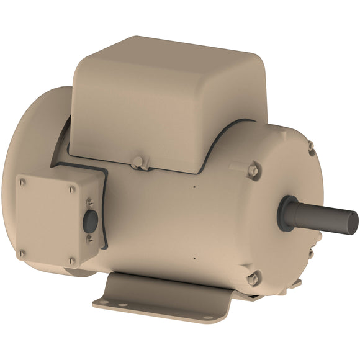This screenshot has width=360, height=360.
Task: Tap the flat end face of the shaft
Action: (x=353, y=219)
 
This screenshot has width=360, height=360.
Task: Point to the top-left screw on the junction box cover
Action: (x=23, y=181)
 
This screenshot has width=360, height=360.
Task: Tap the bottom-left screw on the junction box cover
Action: (x=22, y=253)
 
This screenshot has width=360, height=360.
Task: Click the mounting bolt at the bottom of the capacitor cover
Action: (x=138, y=163)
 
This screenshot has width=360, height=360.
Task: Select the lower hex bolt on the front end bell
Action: (x=253, y=279)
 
